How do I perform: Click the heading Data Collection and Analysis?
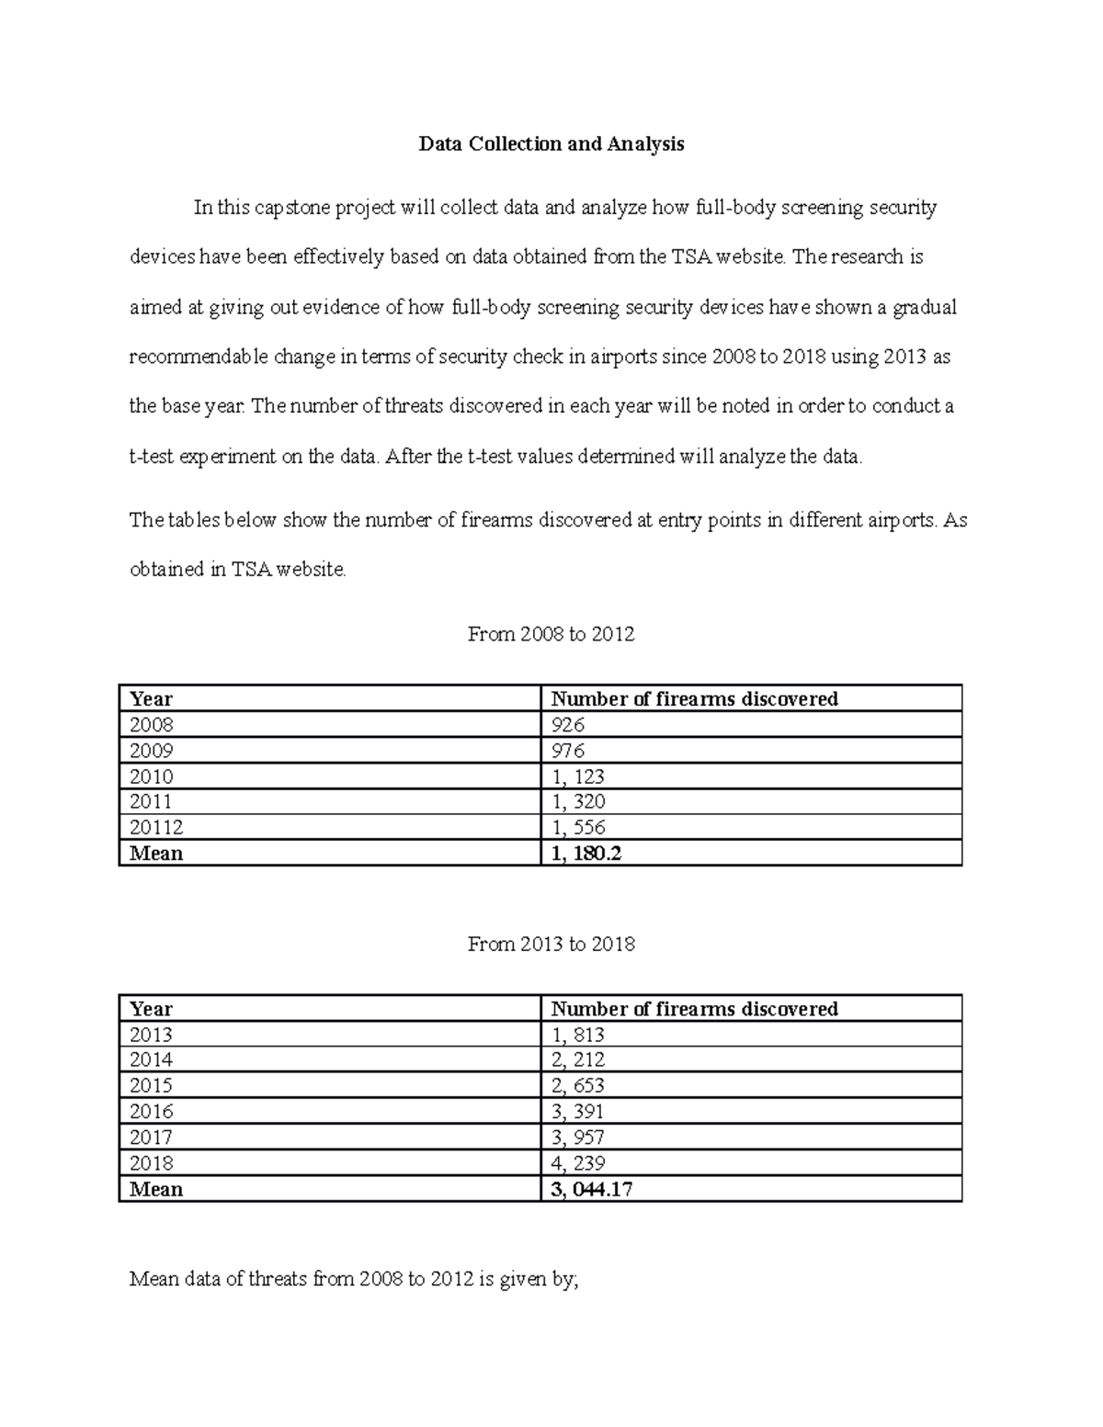click(551, 144)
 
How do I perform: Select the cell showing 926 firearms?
click(567, 725)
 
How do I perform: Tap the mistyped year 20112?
click(156, 827)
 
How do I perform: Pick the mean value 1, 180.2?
click(586, 853)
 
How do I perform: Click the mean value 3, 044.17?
click(591, 1189)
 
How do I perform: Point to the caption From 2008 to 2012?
click(551, 634)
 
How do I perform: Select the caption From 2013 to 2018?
click(551, 944)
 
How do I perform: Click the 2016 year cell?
click(151, 1112)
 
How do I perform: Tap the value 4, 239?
click(577, 1162)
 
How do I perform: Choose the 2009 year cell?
click(151, 751)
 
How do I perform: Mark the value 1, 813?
click(577, 1035)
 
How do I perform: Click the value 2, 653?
click(577, 1086)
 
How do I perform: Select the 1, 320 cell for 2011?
click(577, 801)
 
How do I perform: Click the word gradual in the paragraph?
click(924, 308)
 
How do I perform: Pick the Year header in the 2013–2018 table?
click(151, 1009)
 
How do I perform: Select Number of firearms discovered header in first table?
click(694, 699)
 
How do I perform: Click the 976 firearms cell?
click(567, 751)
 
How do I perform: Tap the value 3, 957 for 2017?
click(577, 1138)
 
